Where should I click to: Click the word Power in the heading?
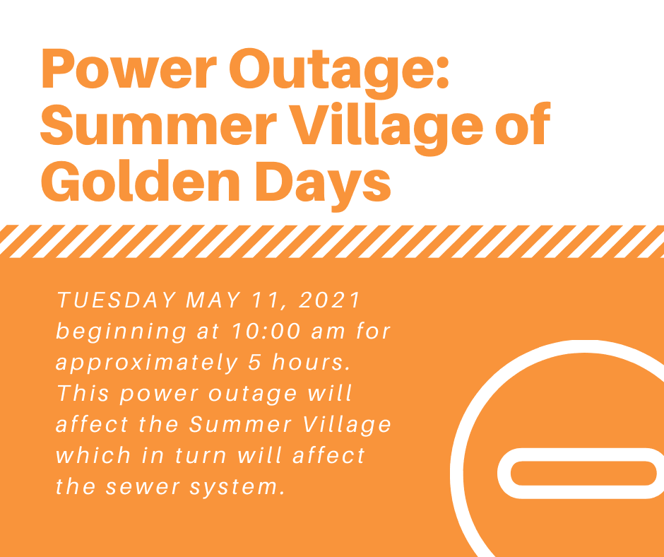click(129, 69)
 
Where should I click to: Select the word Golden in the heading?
click(140, 182)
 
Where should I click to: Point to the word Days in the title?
click(322, 186)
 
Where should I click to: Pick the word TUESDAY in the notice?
click(117, 300)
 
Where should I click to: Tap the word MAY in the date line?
click(213, 300)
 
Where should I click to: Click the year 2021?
click(329, 300)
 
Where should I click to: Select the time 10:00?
click(266, 331)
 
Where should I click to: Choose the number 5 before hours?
click(254, 363)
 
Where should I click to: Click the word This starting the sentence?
click(83, 393)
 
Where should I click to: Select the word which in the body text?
click(93, 455)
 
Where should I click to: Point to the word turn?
click(202, 455)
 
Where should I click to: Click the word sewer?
click(143, 486)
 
